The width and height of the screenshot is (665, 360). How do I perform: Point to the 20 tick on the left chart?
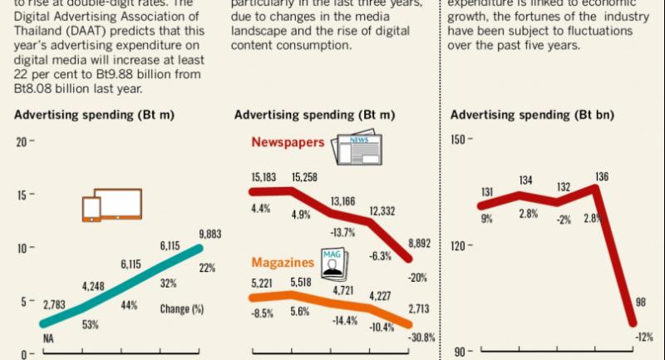click(x=23, y=142)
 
